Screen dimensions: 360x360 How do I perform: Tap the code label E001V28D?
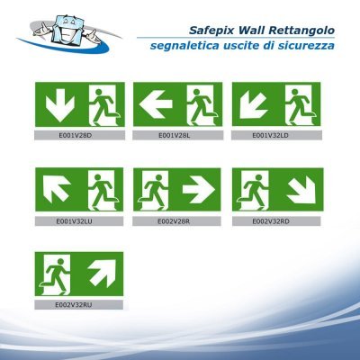(75, 135)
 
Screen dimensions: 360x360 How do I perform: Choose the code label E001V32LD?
(271, 135)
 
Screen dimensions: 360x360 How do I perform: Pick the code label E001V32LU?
(75, 219)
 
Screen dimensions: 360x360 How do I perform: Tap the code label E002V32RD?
(271, 219)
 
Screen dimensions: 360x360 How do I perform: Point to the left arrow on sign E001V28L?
(157, 105)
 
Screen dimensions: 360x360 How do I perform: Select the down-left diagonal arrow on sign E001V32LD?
(253, 104)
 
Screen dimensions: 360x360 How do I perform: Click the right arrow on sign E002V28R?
(197, 189)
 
